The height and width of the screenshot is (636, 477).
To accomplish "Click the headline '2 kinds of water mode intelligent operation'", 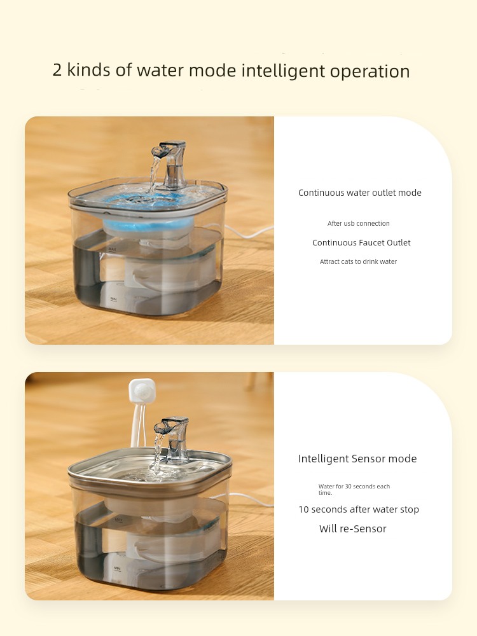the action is (232, 71).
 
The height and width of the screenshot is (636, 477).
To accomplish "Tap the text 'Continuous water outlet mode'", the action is (360, 193).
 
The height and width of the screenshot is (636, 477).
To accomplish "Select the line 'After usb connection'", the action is (359, 223).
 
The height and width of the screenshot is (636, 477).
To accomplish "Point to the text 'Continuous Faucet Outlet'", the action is (361, 242).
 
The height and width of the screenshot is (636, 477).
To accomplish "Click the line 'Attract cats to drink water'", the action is (358, 261).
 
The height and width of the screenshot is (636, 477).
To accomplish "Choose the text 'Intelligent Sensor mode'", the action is (357, 459).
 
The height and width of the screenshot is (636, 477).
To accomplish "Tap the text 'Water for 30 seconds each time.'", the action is (354, 489).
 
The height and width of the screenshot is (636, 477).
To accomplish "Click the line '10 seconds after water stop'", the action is (359, 509).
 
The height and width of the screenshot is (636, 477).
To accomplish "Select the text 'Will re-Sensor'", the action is (352, 529).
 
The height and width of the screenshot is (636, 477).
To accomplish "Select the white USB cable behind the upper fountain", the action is (249, 232).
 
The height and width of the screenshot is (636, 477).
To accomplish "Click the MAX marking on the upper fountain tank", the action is (113, 249).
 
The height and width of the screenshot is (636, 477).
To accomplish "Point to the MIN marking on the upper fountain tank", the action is (114, 300).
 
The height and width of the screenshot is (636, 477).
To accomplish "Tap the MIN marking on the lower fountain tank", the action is (117, 569).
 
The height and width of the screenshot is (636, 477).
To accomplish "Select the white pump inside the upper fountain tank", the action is (170, 272).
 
